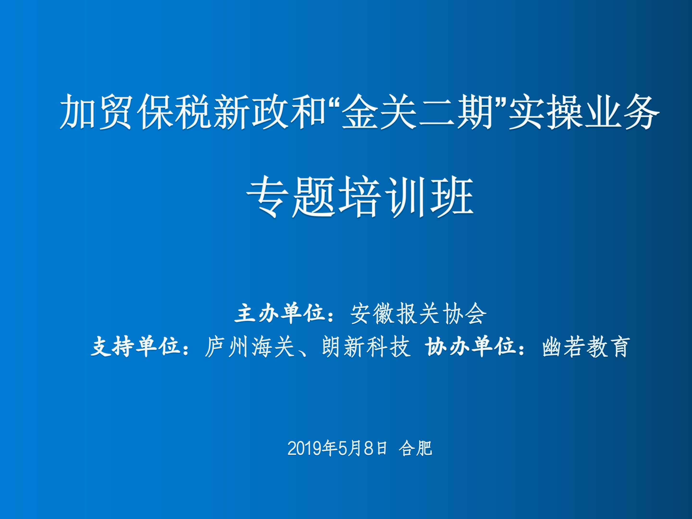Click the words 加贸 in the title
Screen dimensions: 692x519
96,112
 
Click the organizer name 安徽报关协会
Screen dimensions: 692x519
418,314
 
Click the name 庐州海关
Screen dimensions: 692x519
250,347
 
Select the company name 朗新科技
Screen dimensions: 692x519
366,347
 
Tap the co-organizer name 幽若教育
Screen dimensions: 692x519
586,347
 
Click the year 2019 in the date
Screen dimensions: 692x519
305,449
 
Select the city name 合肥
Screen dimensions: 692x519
415,448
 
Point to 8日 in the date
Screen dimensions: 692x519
375,448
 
